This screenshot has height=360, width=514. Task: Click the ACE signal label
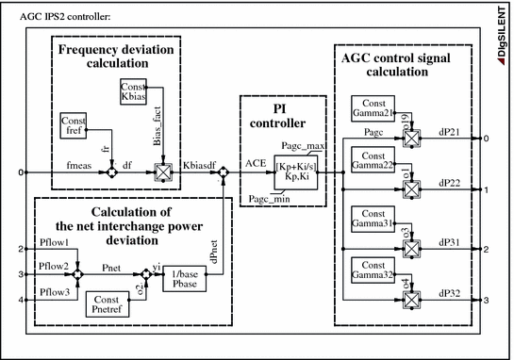tap(257, 164)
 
